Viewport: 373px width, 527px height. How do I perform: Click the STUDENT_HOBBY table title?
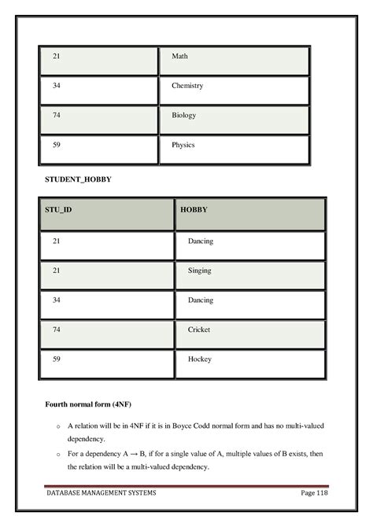76,180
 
